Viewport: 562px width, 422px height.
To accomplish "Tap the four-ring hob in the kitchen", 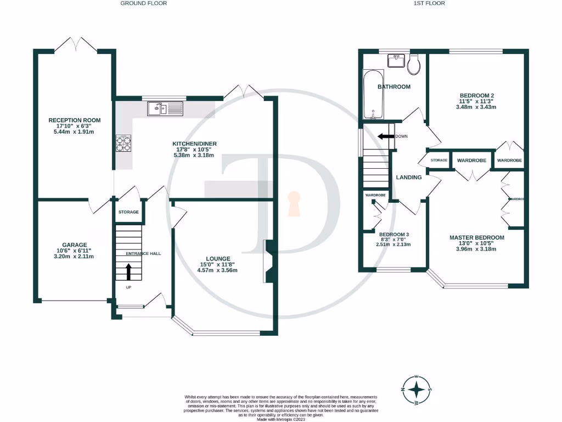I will click(123, 143).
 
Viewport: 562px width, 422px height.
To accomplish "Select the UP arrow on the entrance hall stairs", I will click(129, 271).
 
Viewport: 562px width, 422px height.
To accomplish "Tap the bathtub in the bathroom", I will click(373, 95).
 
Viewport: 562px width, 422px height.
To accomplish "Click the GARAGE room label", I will click(74, 245).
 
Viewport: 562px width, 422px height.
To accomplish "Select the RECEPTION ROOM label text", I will click(75, 120).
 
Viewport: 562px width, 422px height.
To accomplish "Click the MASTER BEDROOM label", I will click(476, 237).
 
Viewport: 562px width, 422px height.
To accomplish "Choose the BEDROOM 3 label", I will click(394, 233).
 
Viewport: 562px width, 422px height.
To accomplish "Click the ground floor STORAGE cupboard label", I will click(129, 212).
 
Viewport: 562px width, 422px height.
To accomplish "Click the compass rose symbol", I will click(417, 390).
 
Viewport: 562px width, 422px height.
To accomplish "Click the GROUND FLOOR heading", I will click(143, 3).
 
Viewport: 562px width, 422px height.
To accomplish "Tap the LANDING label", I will click(409, 177).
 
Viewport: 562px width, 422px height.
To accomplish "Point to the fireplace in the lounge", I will click(268, 262).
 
